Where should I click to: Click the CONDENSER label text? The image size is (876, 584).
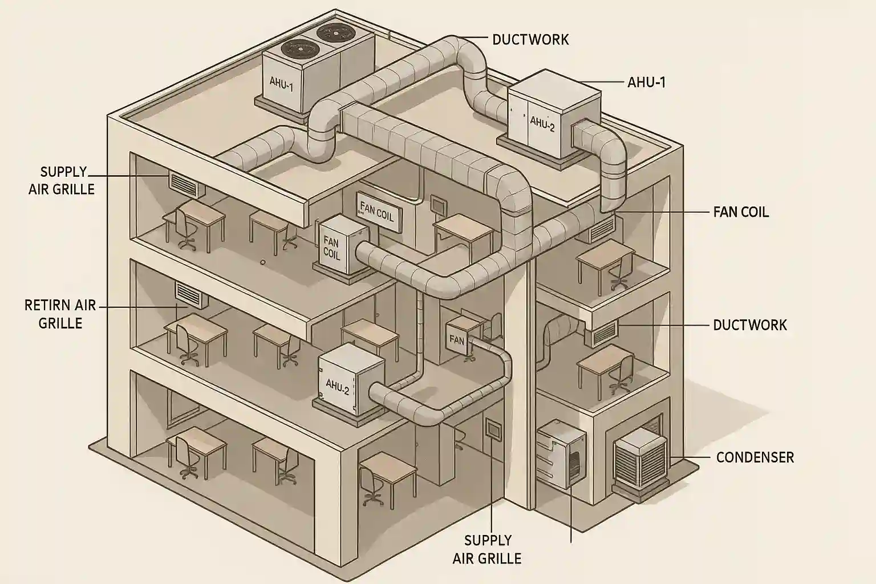(x=755, y=457)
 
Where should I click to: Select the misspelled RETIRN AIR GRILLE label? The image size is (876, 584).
(x=60, y=314)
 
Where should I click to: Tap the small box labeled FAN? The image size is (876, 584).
(x=463, y=336)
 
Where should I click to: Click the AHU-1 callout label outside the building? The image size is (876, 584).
(x=646, y=82)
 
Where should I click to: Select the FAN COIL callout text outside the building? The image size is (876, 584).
(x=741, y=212)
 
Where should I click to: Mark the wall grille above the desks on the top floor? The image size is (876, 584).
(x=185, y=183)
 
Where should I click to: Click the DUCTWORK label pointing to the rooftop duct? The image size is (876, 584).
(x=530, y=39)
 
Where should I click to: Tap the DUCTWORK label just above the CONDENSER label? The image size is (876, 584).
(x=749, y=325)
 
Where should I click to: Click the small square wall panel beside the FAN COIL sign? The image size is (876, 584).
(x=438, y=204)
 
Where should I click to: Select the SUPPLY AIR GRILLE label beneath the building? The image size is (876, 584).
(x=487, y=549)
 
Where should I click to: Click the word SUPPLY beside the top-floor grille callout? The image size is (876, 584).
(x=63, y=172)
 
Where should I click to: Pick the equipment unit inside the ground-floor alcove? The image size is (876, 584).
(x=562, y=453)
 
